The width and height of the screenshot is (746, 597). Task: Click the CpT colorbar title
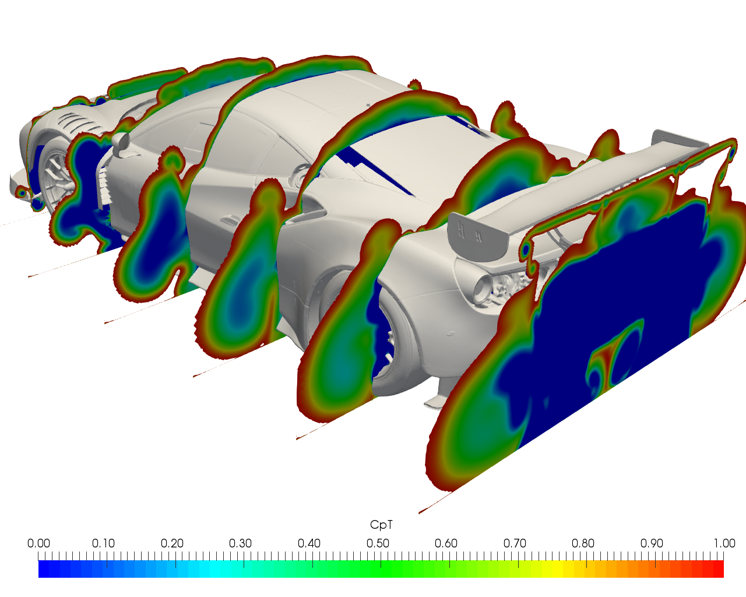pos(381,525)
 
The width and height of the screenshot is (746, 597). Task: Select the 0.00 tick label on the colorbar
pos(38,543)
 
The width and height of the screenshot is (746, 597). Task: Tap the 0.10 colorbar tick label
pos(103,543)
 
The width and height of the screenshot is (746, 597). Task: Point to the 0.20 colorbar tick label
pos(172,543)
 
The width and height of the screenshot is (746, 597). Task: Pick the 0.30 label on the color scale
pos(240,543)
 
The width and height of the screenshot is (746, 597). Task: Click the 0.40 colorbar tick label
pos(309,543)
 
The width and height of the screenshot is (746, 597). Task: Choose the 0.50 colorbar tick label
pos(378,543)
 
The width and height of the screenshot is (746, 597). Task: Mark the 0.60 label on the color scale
pos(446,543)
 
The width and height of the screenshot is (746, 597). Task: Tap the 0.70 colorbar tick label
pos(515,543)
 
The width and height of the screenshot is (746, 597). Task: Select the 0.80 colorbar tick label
pos(583,543)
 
